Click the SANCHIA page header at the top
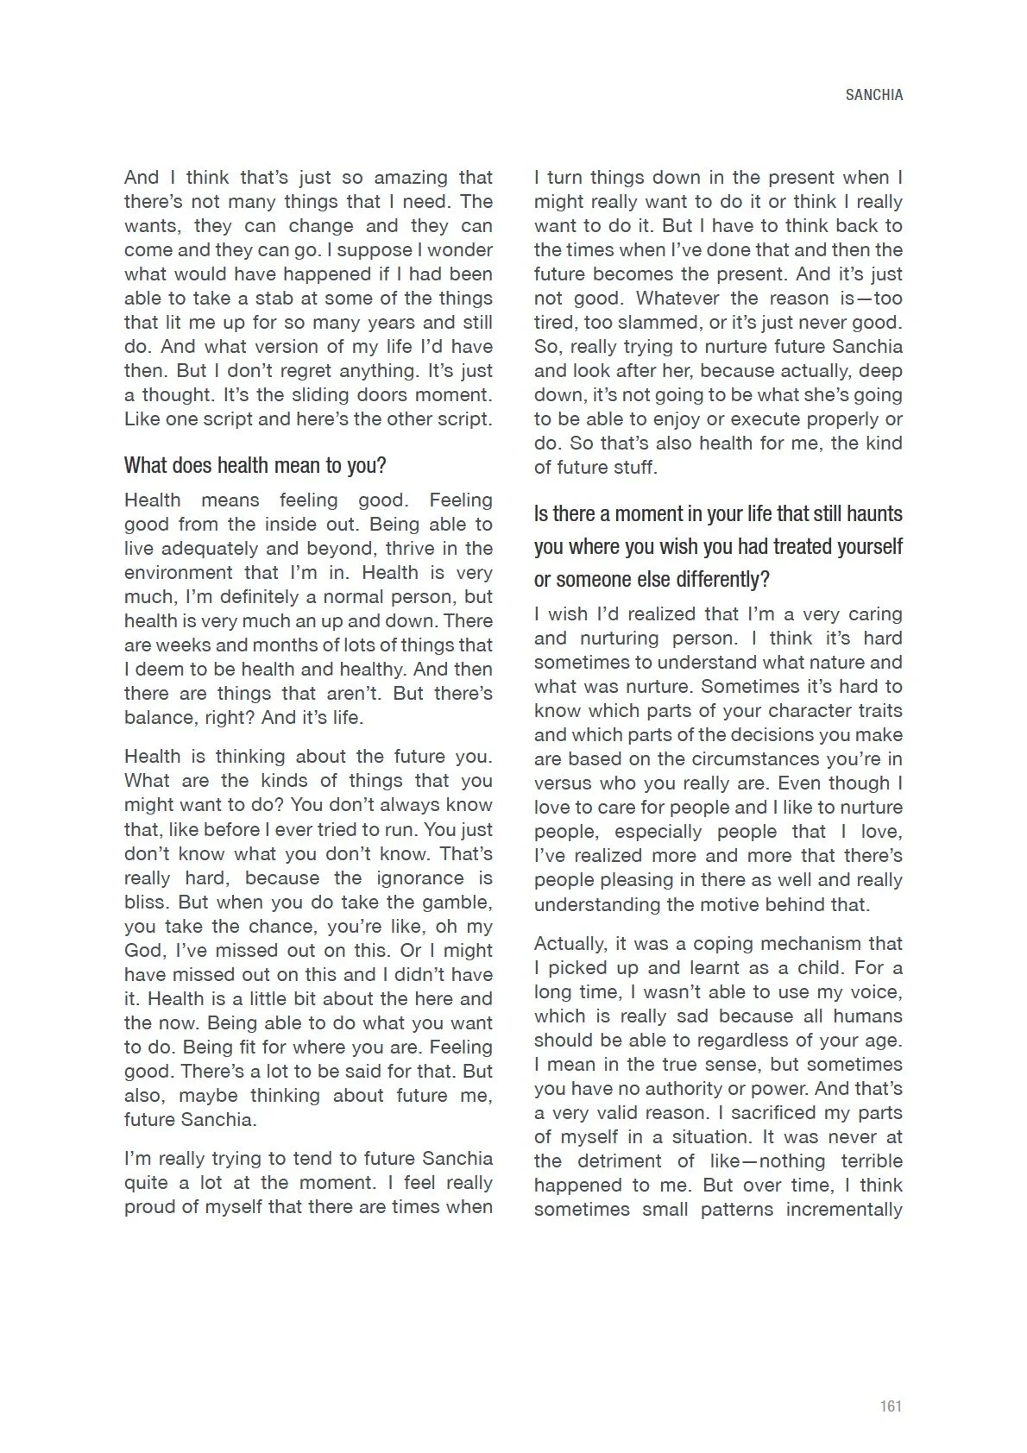(x=873, y=96)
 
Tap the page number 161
(x=891, y=1406)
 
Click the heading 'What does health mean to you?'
(x=255, y=466)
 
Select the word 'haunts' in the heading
(x=873, y=514)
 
